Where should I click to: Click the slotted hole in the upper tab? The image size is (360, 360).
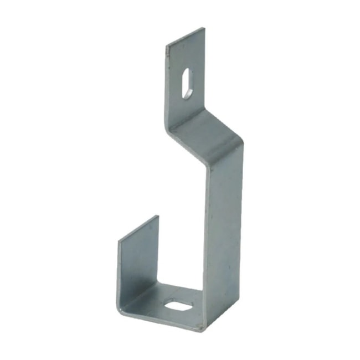(x=187, y=84)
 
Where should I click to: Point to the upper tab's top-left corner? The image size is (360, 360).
(x=167, y=44)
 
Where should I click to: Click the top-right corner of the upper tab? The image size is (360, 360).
(x=204, y=28)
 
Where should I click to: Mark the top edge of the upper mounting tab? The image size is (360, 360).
(x=186, y=36)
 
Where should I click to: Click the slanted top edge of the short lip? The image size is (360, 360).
(x=138, y=228)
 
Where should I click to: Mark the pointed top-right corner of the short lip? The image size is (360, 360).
(x=158, y=216)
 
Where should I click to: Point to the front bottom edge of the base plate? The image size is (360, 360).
(x=161, y=320)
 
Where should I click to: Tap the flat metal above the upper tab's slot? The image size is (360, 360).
(x=186, y=55)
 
